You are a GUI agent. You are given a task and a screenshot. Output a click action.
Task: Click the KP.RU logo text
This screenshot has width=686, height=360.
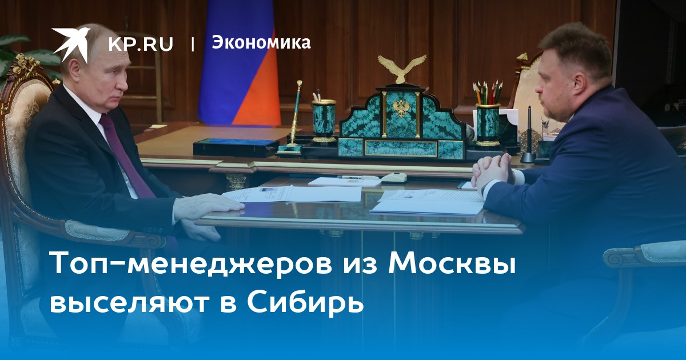point(141,44)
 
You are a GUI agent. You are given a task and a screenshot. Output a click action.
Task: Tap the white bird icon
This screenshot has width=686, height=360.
point(71,43)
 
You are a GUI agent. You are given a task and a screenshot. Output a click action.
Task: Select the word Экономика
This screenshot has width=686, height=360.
point(261,42)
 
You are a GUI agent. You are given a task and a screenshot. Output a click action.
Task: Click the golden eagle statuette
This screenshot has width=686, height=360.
point(401,69)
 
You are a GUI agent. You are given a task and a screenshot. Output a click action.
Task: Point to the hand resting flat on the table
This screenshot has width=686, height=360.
point(208,207)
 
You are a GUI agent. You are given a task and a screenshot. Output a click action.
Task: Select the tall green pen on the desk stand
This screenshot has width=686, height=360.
point(295,117)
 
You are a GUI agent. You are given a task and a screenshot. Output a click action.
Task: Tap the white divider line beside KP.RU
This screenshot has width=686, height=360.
point(193,44)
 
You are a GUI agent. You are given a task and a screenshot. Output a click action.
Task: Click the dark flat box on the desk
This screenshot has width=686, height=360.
point(236,147)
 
